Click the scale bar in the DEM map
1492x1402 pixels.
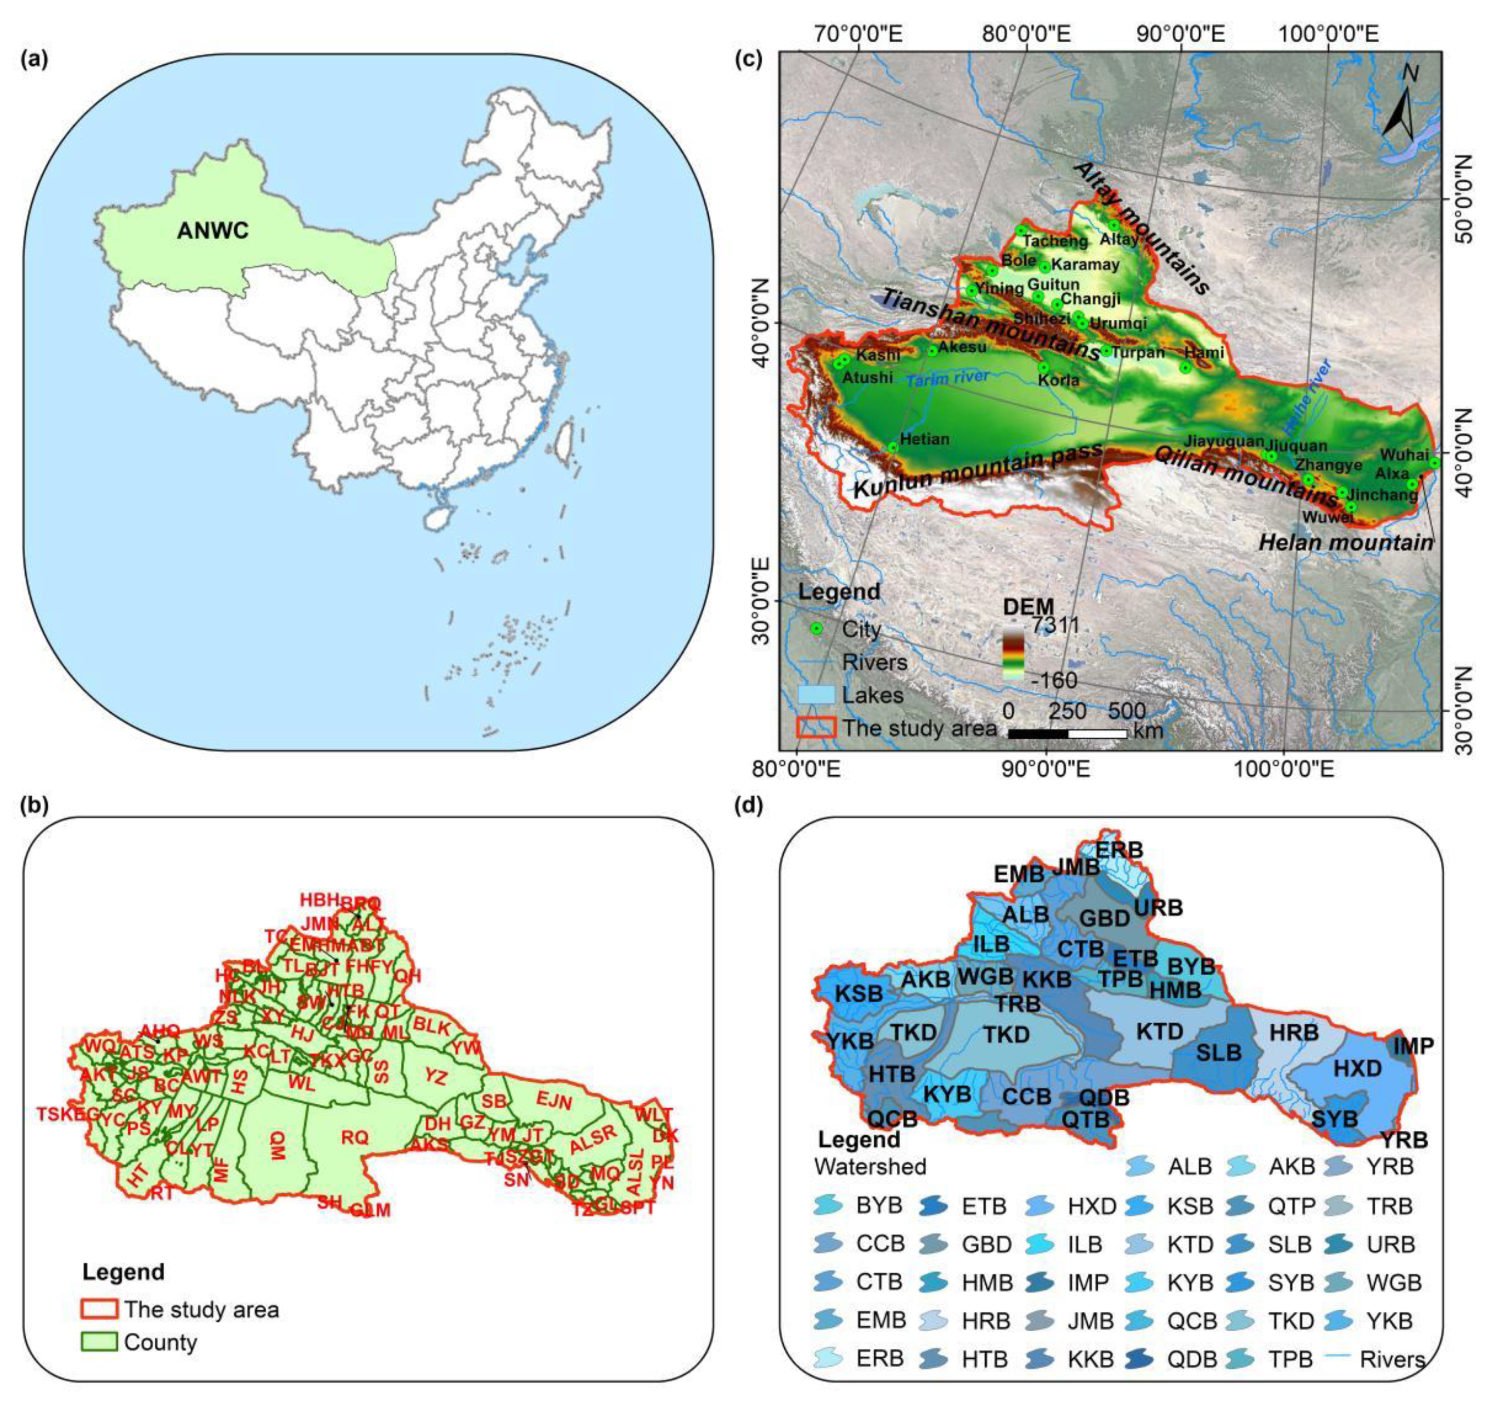[1067, 733]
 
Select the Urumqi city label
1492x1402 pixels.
[1118, 323]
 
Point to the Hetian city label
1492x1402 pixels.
[925, 439]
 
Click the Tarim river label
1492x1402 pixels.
[947, 378]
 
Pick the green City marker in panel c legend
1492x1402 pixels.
[817, 629]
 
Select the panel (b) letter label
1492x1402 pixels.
[36, 805]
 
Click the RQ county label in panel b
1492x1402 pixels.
[355, 1137]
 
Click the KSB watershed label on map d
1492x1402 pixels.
[858, 994]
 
